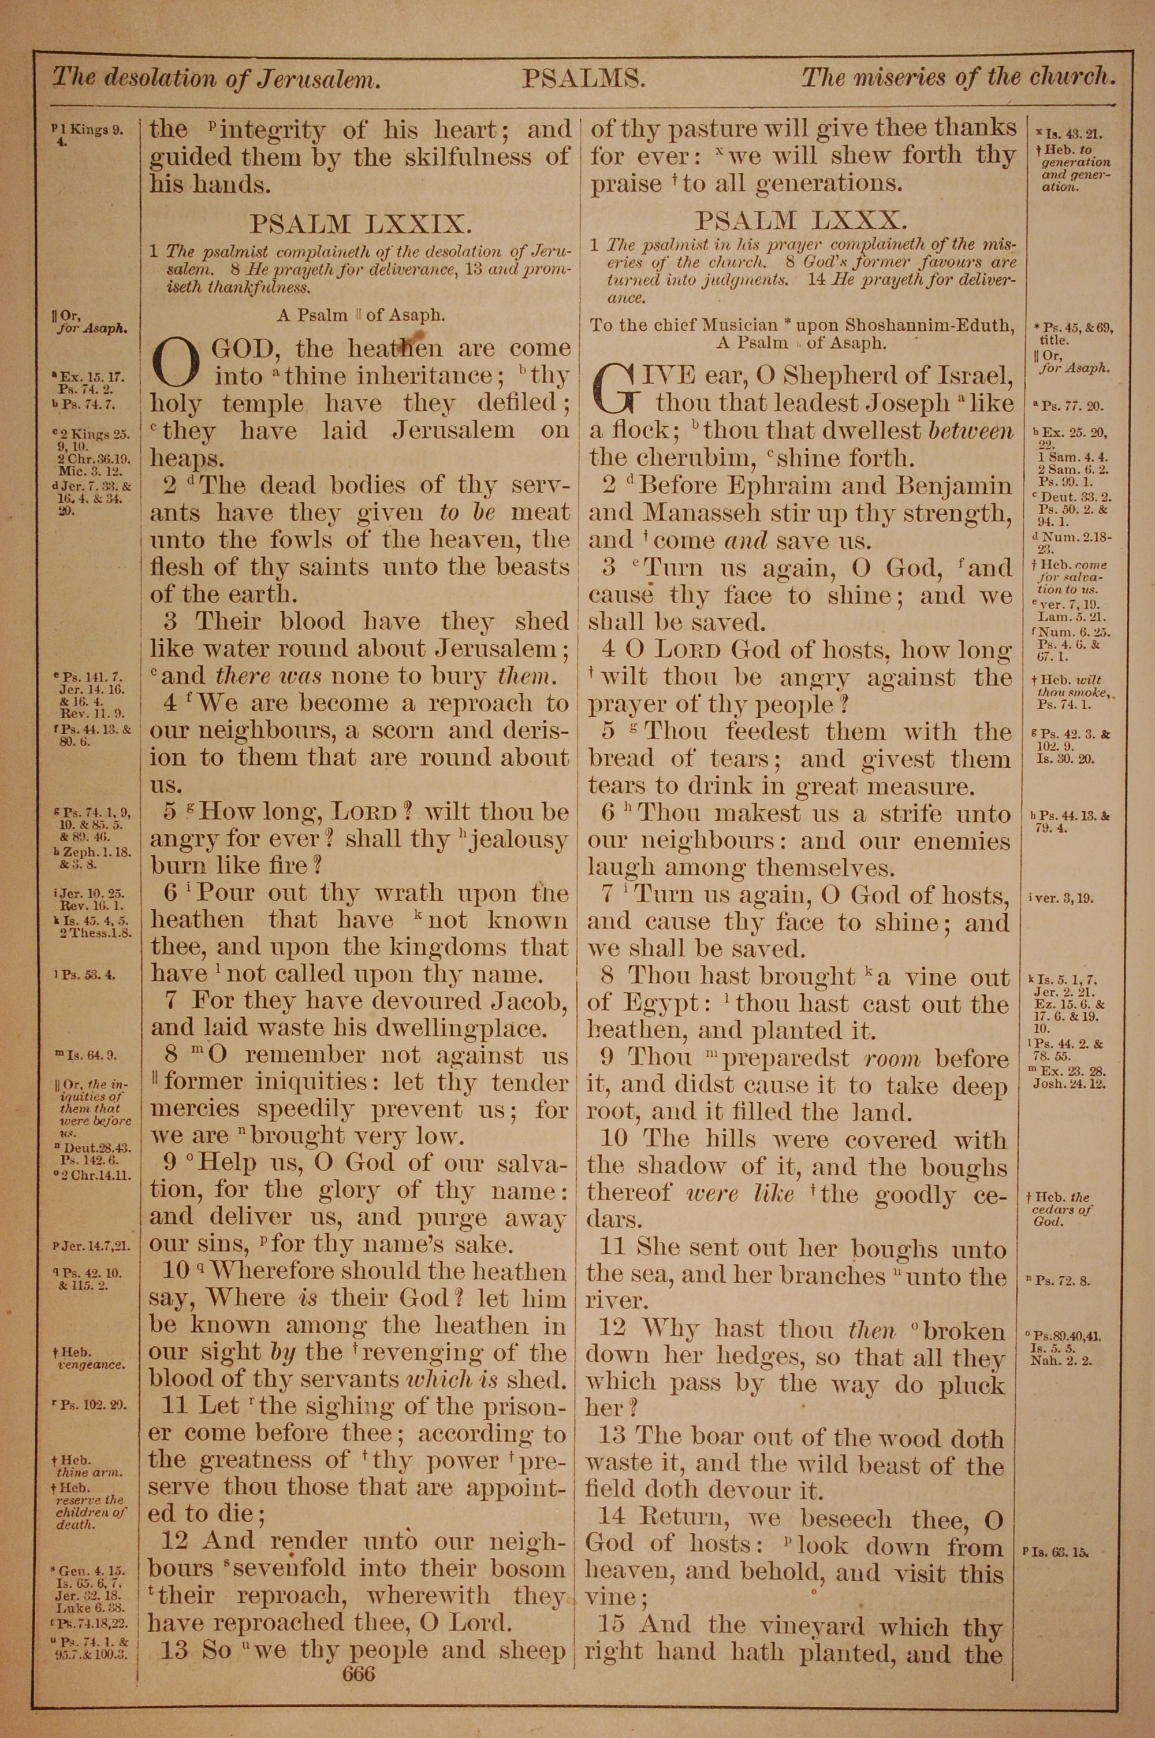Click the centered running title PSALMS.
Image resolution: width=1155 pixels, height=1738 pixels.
(584, 78)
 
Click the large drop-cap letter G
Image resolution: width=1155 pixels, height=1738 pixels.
(617, 391)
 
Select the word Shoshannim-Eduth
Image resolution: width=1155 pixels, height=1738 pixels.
(936, 325)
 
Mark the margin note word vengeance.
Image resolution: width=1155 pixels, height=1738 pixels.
(91, 1364)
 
